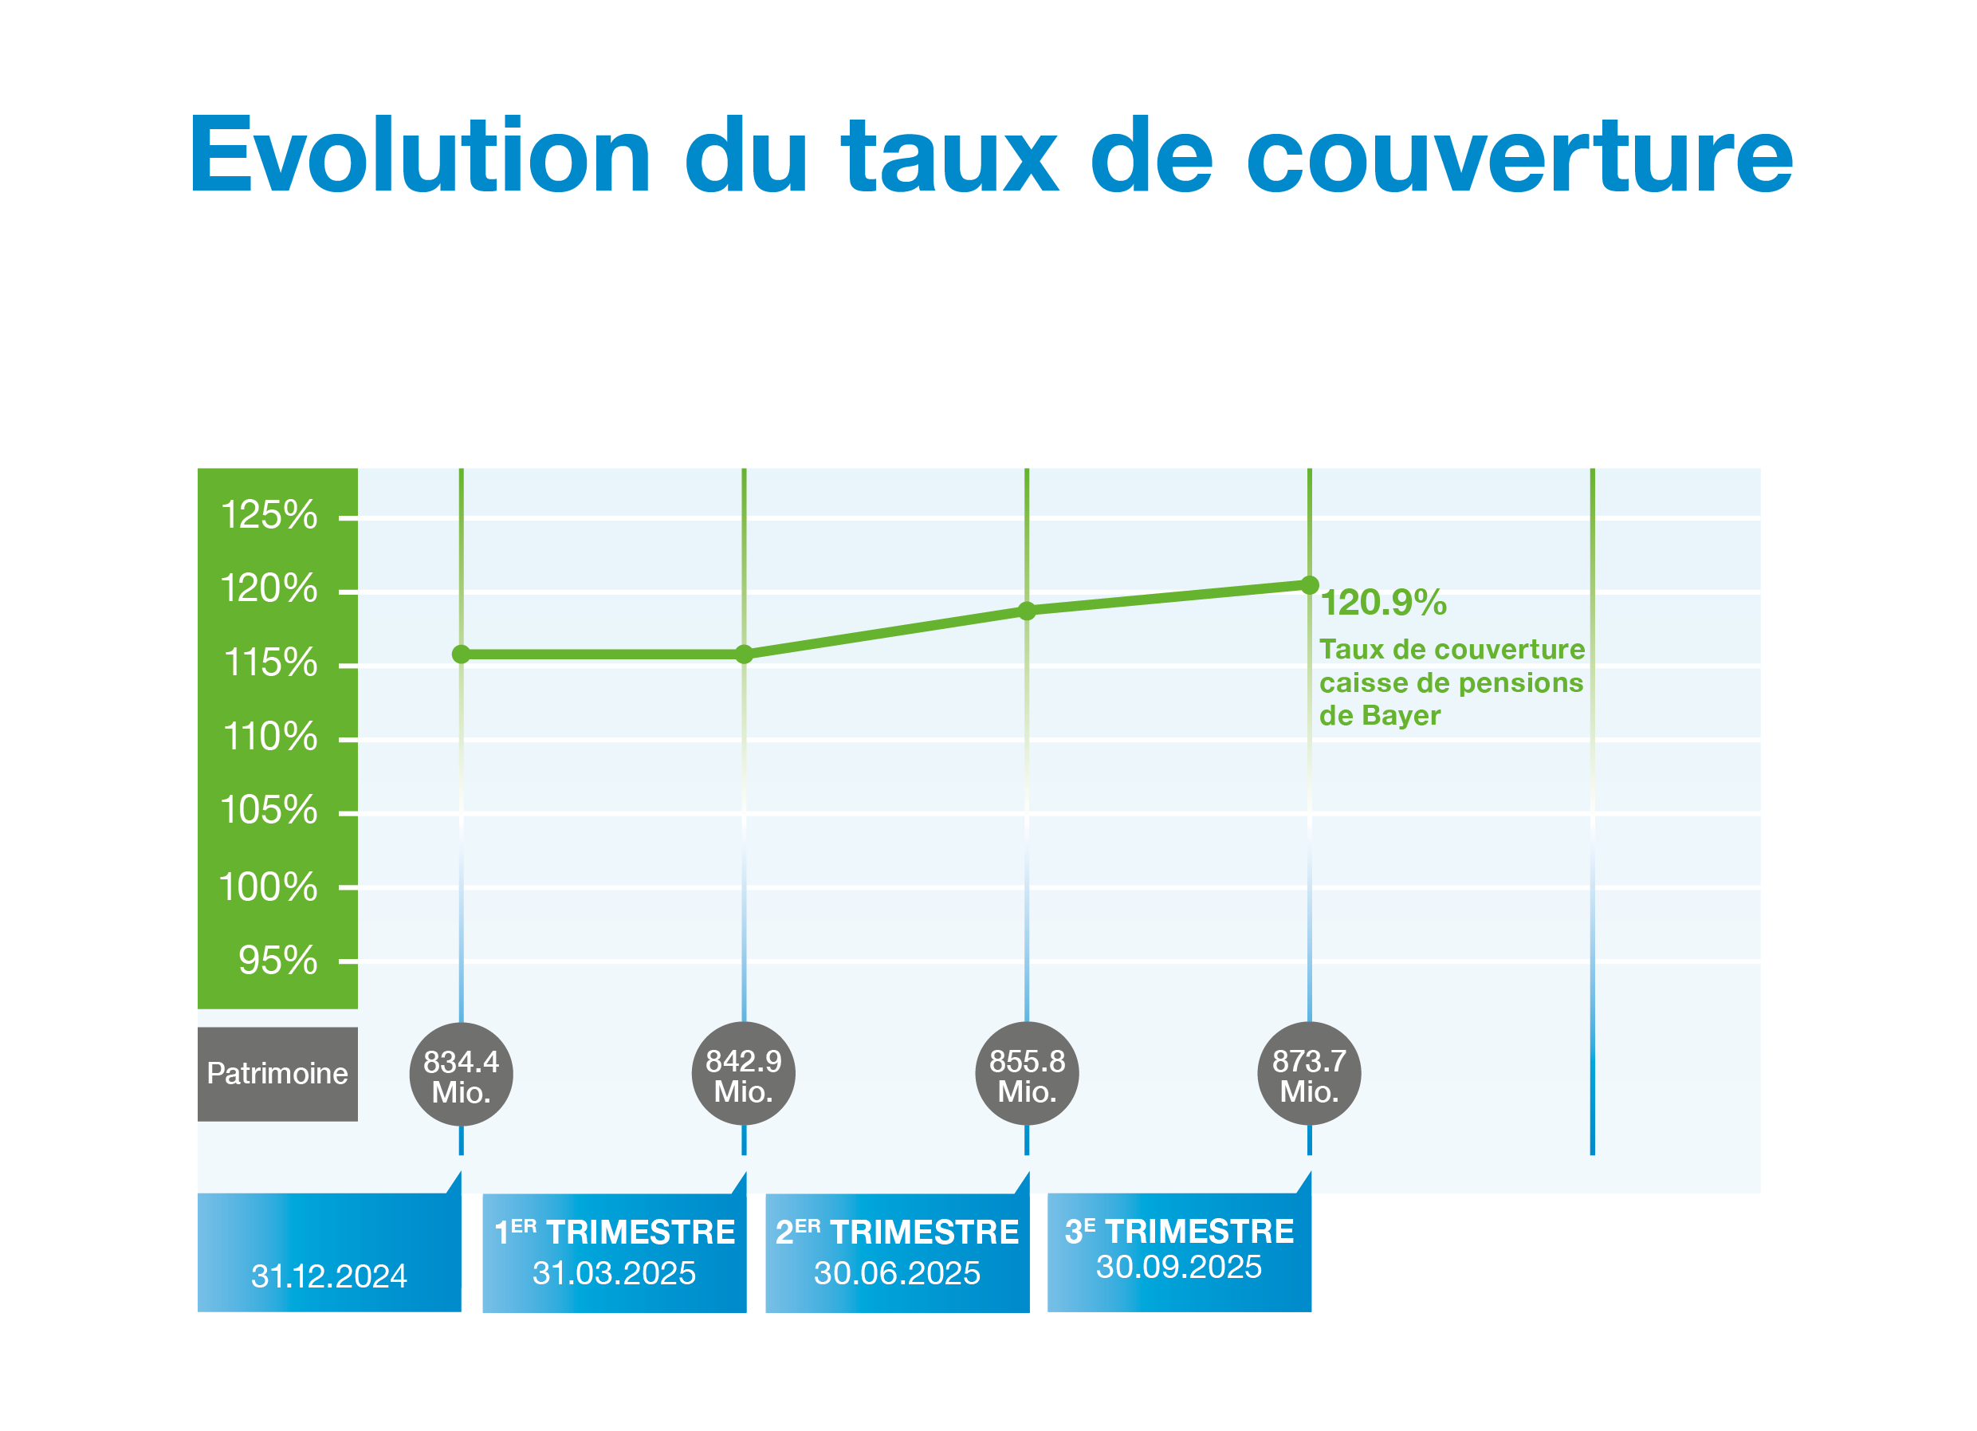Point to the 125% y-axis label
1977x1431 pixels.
(269, 515)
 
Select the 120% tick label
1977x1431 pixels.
(269, 589)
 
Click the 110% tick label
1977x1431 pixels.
(270, 737)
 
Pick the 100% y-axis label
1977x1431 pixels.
(269, 887)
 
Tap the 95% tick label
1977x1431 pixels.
(278, 961)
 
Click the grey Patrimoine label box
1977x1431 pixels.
(278, 1075)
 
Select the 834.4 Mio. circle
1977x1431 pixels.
(461, 1074)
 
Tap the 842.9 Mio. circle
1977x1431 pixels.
(744, 1074)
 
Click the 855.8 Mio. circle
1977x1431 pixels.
(1027, 1074)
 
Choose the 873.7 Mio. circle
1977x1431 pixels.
(1309, 1074)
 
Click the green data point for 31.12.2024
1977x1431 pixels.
(461, 655)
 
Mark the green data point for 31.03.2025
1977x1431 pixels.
(744, 655)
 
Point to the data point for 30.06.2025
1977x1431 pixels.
(1027, 611)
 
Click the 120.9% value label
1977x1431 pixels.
(1384, 603)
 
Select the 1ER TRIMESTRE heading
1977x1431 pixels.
(615, 1232)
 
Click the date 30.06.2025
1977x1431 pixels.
(897, 1273)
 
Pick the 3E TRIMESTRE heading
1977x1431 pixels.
(1179, 1232)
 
